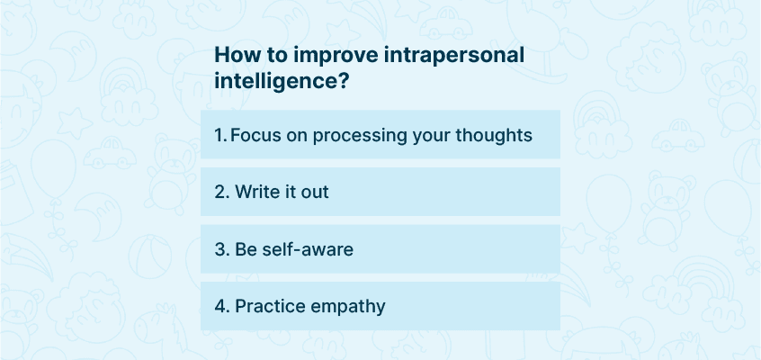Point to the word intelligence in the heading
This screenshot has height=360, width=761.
click(x=276, y=81)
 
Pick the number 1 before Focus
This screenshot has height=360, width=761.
click(x=219, y=135)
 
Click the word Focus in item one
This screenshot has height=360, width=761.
click(x=255, y=135)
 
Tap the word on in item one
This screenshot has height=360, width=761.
click(x=296, y=137)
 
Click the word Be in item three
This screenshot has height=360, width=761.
click(x=246, y=249)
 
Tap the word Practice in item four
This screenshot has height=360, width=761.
click(x=270, y=307)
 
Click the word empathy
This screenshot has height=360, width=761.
click(x=347, y=308)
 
